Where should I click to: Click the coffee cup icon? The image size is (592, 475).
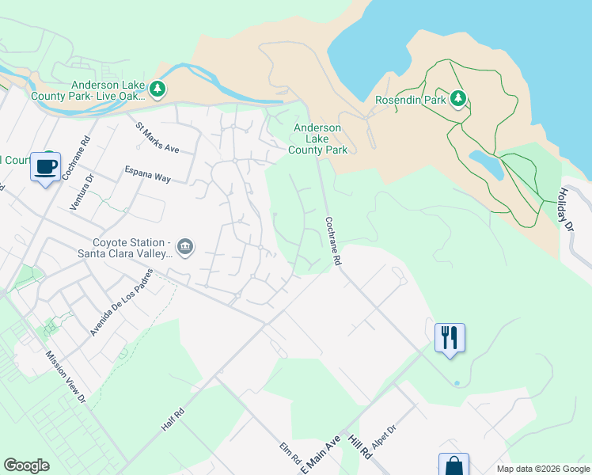(x=46, y=167)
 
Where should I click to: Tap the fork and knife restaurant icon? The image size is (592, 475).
(x=450, y=337)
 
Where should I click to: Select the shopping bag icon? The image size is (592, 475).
(x=453, y=465)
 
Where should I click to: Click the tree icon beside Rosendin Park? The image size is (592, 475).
(x=457, y=99)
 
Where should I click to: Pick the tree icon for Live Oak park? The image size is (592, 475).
(x=158, y=89)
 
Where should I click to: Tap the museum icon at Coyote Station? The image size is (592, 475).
(x=184, y=247)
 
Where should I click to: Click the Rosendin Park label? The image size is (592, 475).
(x=411, y=100)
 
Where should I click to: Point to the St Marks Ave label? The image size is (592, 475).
(x=157, y=137)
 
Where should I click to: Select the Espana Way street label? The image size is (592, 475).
(x=147, y=173)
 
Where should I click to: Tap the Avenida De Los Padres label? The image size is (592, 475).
(x=121, y=307)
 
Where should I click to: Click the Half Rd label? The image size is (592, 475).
(x=173, y=419)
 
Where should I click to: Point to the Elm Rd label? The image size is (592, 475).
(x=290, y=453)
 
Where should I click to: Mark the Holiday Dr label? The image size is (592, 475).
(x=566, y=209)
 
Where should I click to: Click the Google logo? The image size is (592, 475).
(x=26, y=465)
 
